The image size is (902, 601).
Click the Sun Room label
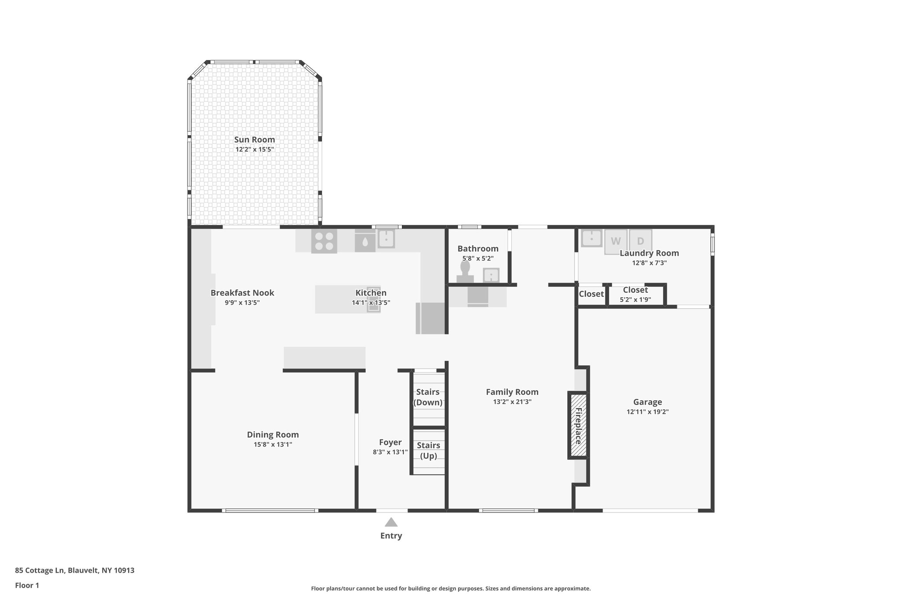[254, 140]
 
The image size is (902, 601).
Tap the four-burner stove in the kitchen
[324, 241]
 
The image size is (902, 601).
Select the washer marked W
[615, 241]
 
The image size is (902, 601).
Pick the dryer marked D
[640, 241]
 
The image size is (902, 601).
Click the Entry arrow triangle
[391, 522]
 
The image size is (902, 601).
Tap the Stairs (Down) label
[428, 397]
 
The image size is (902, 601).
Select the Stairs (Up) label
[428, 450]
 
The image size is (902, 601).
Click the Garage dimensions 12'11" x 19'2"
[647, 412]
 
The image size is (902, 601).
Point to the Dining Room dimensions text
[273, 445]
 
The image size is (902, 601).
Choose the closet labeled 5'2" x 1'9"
[635, 295]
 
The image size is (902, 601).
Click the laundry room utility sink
[591, 238]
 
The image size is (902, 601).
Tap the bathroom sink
[491, 275]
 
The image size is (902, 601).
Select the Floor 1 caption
[27, 585]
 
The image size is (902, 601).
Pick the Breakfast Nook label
[242, 293]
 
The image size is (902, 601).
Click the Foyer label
[390, 442]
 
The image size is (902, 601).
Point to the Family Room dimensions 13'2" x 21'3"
[512, 402]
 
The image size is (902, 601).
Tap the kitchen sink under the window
[386, 239]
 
